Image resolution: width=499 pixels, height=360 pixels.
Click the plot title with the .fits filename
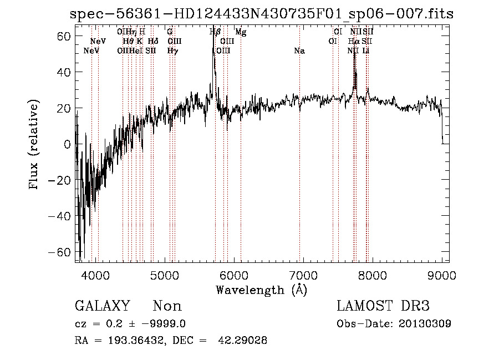tap(262, 14)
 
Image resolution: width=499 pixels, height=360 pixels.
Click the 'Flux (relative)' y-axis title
tap(34, 145)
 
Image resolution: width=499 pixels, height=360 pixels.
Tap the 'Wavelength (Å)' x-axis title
tap(261, 290)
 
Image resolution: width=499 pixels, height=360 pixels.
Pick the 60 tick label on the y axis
tap(62, 36)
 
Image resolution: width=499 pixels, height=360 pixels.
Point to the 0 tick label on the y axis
tap(67, 144)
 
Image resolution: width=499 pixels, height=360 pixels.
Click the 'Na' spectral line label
tap(299, 51)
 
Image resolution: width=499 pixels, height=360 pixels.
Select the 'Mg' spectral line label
tap(241, 32)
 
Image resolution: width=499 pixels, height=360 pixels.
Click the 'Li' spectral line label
tap(366, 51)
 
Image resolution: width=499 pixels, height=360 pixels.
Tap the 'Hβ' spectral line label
tap(215, 32)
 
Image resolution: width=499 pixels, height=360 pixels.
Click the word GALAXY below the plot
tap(103, 306)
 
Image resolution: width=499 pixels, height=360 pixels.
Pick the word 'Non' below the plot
tap(167, 306)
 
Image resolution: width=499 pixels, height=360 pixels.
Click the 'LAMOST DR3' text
tap(383, 306)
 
